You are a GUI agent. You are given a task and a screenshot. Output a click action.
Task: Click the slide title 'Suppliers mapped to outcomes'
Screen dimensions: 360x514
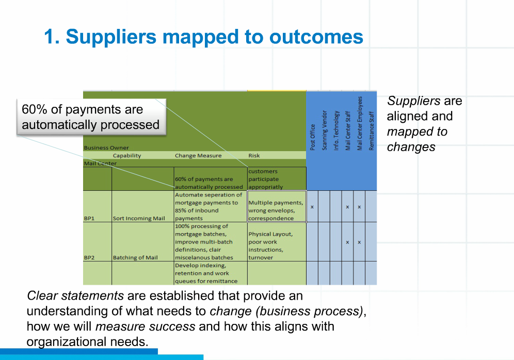pos(204,37)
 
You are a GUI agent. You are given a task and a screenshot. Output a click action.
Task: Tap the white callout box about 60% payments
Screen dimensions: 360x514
pos(91,118)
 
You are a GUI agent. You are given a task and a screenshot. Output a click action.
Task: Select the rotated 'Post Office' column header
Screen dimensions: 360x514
pos(313,137)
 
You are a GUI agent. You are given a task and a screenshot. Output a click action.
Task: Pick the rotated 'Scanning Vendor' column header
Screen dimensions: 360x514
pos(325,130)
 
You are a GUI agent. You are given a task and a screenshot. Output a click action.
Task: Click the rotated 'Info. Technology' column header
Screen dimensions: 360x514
pos(336,130)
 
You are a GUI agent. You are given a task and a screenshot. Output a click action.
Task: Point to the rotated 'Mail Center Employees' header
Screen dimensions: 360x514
pos(360,123)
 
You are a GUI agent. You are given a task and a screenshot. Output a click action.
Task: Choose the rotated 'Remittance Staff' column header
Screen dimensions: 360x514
pos(372,131)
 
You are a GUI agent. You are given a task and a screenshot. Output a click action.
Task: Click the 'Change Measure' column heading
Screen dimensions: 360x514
pos(198,155)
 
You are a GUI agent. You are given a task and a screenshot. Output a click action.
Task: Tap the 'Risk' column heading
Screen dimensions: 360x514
pos(254,155)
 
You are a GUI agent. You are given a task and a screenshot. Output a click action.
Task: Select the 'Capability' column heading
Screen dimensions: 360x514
pos(127,155)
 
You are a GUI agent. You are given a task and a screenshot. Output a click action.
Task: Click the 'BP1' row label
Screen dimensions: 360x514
pos(89,218)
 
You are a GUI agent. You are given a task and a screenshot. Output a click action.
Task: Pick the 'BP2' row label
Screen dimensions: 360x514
pos(89,257)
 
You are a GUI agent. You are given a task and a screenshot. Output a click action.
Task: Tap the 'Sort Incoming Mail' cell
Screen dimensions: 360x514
pos(139,218)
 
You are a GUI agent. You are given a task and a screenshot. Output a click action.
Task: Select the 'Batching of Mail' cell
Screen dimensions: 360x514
pos(135,257)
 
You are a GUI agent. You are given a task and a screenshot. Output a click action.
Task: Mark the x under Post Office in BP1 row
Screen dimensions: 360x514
pos(312,207)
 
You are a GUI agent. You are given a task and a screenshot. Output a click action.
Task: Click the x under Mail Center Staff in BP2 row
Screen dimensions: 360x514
pos(348,242)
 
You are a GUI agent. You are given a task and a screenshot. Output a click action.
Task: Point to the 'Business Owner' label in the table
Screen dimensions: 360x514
pos(106,148)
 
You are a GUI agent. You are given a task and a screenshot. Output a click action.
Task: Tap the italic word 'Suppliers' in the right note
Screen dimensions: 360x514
pos(407,101)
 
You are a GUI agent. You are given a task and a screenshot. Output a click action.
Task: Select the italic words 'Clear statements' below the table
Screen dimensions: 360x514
pos(75,296)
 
